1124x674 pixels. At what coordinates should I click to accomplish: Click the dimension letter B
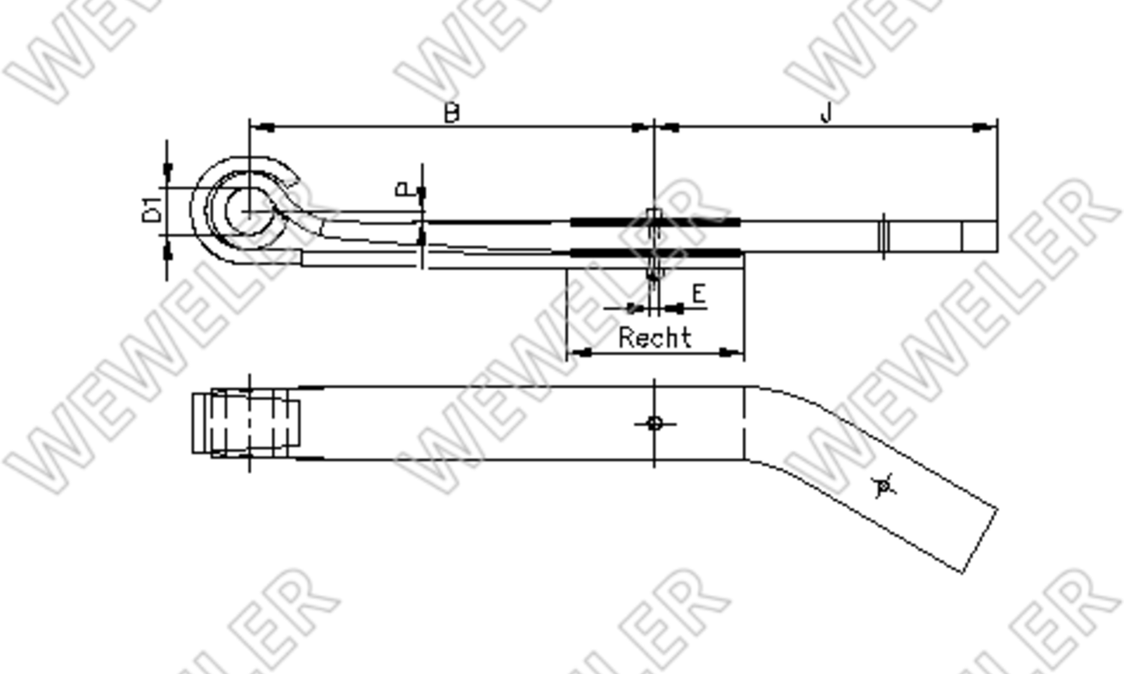pos(451,113)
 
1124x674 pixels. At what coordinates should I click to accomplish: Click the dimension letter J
pos(826,113)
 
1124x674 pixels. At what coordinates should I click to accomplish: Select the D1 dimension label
pos(152,210)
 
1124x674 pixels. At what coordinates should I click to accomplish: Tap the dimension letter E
pos(699,294)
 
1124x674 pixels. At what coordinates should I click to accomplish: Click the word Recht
pos(654,337)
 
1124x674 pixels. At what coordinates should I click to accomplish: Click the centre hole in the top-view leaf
pos(654,424)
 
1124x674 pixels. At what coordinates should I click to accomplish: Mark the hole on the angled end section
pos(883,487)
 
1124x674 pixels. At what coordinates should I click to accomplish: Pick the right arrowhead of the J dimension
pos(984,127)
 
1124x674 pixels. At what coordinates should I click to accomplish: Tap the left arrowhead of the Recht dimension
pos(580,353)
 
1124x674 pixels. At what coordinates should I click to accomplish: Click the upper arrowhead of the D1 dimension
pos(166,171)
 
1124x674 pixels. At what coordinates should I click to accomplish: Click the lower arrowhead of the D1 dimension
pos(166,250)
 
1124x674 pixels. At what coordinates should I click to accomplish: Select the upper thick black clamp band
pos(655,222)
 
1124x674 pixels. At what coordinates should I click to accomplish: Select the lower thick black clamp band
pos(655,253)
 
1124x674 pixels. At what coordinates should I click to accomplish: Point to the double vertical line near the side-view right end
pos(883,236)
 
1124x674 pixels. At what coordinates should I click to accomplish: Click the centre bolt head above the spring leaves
pos(654,215)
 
